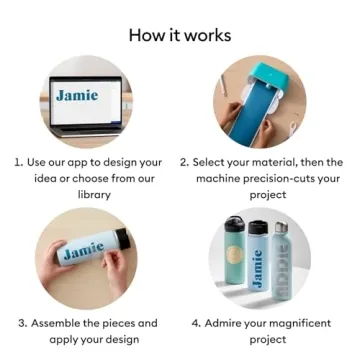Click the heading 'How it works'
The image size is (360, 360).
[x=180, y=35]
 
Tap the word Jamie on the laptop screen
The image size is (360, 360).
[x=77, y=95]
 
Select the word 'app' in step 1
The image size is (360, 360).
[x=77, y=163]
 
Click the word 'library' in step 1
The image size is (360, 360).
[x=94, y=194]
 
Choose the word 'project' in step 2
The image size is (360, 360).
[x=268, y=195]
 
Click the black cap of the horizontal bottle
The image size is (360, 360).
[x=123, y=237]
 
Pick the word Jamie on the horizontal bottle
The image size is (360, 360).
[x=84, y=250]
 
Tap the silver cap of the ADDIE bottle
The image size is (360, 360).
[x=282, y=227]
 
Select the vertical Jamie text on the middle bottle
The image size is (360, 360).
[x=258, y=268]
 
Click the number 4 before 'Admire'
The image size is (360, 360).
[x=196, y=323]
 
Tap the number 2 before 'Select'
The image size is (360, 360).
[x=184, y=163]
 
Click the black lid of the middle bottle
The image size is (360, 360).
[x=258, y=227]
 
